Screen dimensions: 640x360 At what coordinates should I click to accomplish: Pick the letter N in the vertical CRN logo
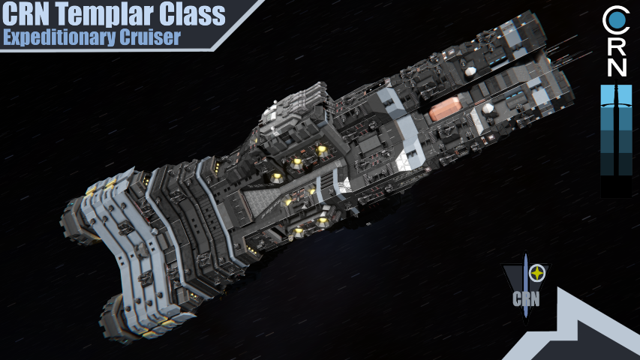click(616, 67)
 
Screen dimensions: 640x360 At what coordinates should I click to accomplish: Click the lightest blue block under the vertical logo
click(616, 95)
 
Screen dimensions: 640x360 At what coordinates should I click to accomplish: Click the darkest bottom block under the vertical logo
click(616, 187)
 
